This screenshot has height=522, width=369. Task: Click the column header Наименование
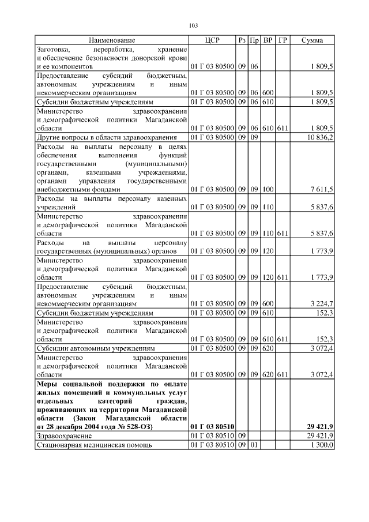click(112, 40)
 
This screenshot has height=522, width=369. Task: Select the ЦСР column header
click(212, 40)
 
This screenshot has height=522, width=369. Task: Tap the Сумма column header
click(312, 40)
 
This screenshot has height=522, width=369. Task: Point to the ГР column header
click(282, 40)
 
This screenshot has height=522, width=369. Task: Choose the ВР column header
click(268, 40)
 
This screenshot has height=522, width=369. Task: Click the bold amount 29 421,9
click(319, 426)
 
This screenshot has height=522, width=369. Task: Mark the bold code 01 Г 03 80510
click(212, 426)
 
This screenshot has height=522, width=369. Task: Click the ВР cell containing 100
click(268, 189)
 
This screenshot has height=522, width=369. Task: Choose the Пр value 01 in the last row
click(254, 445)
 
